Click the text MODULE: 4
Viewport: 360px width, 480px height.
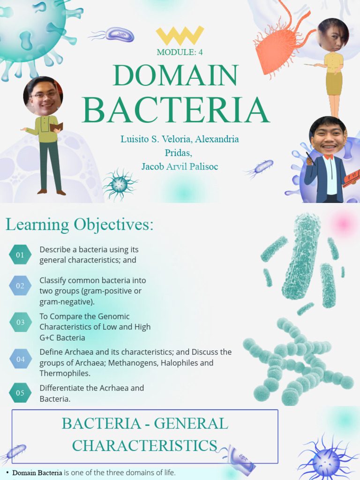click(x=180, y=52)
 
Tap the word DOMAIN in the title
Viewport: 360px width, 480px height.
click(x=175, y=76)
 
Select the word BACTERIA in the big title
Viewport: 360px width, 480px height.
click(x=175, y=110)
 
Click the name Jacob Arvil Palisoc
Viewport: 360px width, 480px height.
click(x=180, y=166)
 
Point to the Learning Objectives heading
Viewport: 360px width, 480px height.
click(x=79, y=225)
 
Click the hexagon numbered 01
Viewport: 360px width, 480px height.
click(x=20, y=255)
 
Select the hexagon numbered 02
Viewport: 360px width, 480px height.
click(x=20, y=285)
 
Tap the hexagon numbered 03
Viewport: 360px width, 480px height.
click(x=21, y=322)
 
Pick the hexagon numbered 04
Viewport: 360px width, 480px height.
click(x=21, y=359)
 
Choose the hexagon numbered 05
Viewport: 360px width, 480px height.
click(x=20, y=393)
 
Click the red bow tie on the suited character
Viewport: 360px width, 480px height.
click(x=328, y=157)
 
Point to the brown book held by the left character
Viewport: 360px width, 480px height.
click(x=57, y=127)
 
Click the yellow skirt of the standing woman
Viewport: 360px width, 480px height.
click(x=334, y=83)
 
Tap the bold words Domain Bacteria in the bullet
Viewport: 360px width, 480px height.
click(x=37, y=472)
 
